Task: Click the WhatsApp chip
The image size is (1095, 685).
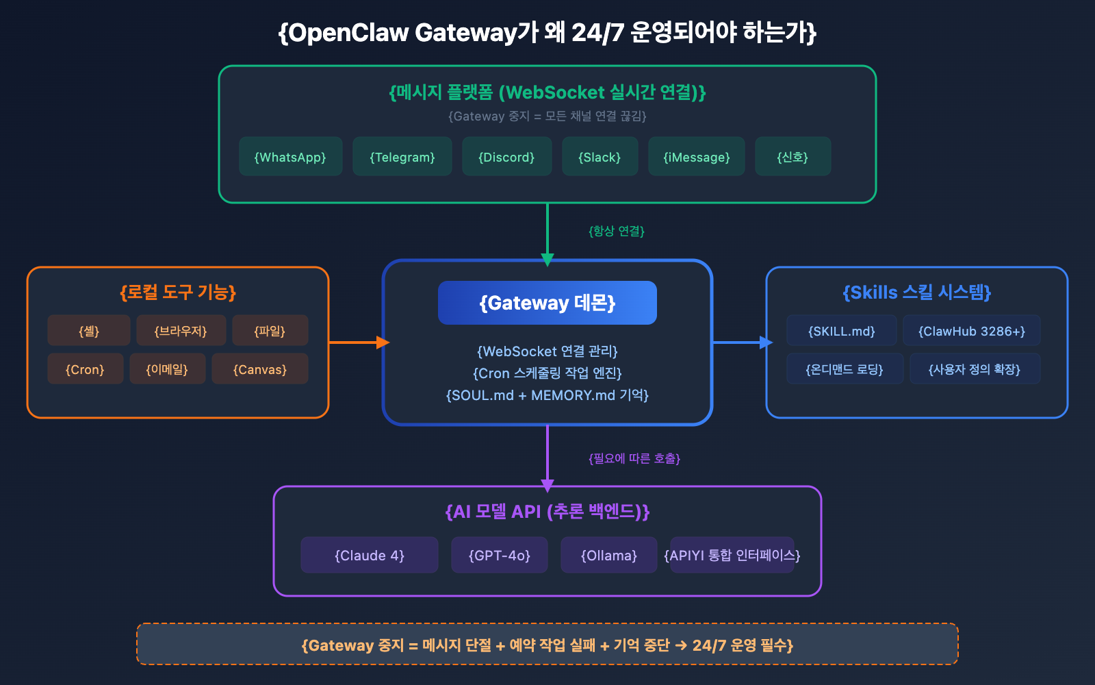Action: [290, 157]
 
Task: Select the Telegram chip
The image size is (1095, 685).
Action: [402, 157]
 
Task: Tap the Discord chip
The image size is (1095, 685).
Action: [506, 157]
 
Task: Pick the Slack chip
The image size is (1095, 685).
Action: [600, 157]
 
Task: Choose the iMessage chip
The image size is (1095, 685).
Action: [696, 157]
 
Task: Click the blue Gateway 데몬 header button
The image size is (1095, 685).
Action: [547, 303]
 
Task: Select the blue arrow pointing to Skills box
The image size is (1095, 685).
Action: [742, 342]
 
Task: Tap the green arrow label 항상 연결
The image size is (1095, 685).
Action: [617, 232]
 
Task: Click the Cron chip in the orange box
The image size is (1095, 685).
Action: [85, 369]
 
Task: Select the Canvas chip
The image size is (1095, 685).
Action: [260, 369]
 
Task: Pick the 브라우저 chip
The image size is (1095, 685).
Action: [181, 331]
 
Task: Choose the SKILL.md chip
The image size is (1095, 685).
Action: [841, 331]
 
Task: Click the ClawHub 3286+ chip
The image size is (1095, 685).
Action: [972, 331]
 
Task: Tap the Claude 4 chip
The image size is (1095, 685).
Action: [370, 556]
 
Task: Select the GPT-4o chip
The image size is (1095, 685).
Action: [500, 556]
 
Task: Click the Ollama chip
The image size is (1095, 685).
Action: [609, 556]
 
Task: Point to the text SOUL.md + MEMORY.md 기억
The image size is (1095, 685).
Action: [547, 395]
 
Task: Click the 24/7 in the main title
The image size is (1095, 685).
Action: [597, 32]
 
